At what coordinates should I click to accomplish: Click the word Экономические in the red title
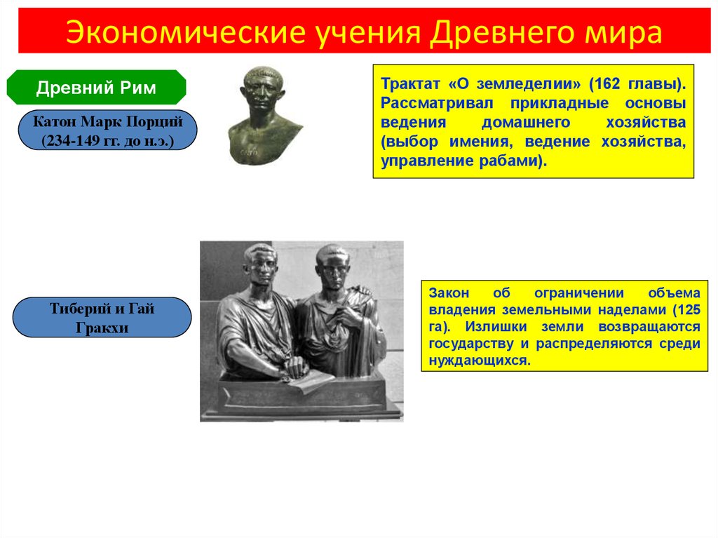[185, 32]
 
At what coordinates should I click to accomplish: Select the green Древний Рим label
[96, 88]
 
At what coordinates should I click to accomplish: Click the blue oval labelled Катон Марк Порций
[107, 130]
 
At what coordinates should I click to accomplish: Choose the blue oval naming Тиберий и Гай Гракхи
[102, 318]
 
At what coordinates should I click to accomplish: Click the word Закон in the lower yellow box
[449, 292]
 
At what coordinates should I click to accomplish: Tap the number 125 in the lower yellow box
[689, 310]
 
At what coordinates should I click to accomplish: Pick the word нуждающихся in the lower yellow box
[479, 361]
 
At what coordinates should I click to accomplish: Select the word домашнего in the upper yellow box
[526, 122]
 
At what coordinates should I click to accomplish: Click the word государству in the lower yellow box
[471, 344]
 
